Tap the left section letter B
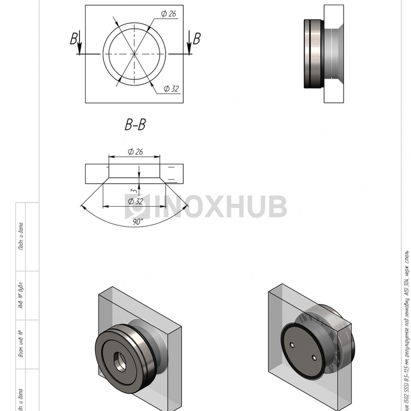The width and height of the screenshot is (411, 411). (x=74, y=39)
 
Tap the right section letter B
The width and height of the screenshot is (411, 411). (x=197, y=39)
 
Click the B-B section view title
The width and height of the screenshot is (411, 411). (x=134, y=124)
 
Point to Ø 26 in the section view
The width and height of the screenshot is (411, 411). (x=134, y=151)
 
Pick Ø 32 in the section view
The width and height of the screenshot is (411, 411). (x=135, y=201)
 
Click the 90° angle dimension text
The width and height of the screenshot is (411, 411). (x=138, y=223)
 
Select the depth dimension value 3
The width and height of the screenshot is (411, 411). (x=133, y=191)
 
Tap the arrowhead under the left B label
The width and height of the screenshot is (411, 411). (x=79, y=51)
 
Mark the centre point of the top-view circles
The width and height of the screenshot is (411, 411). (x=134, y=54)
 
